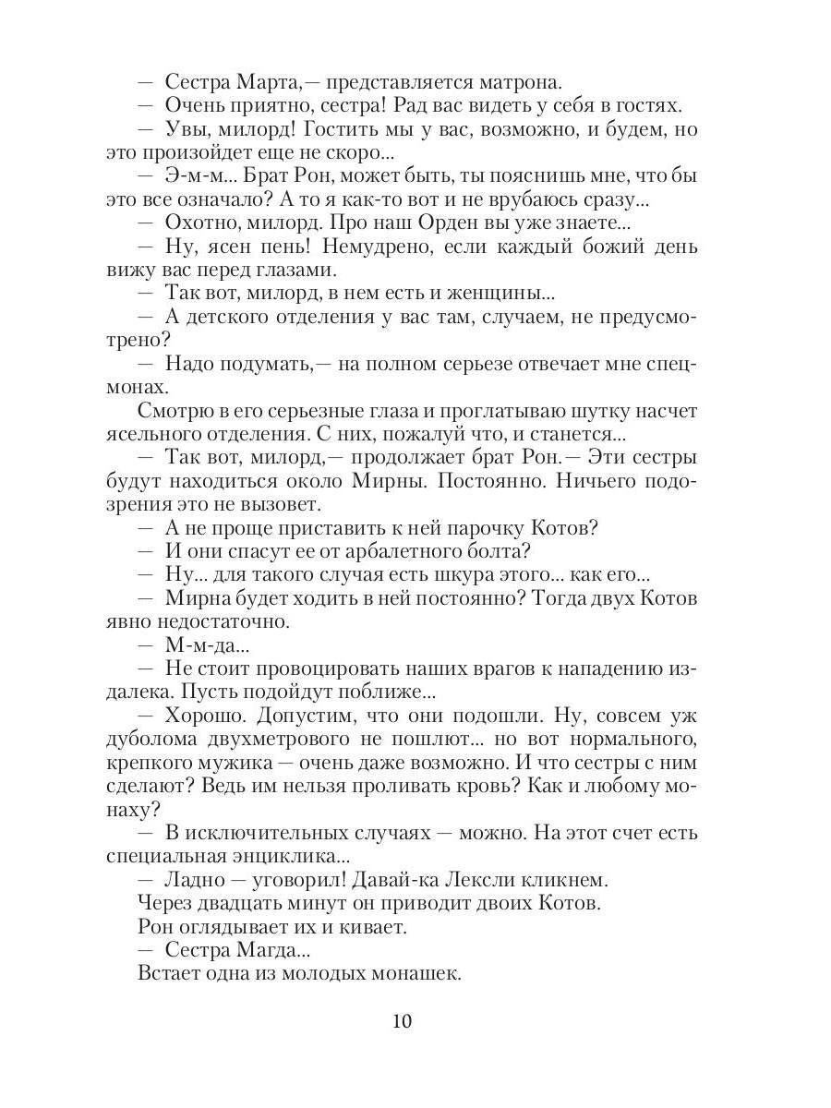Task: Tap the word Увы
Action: pyautogui.click(x=187, y=129)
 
